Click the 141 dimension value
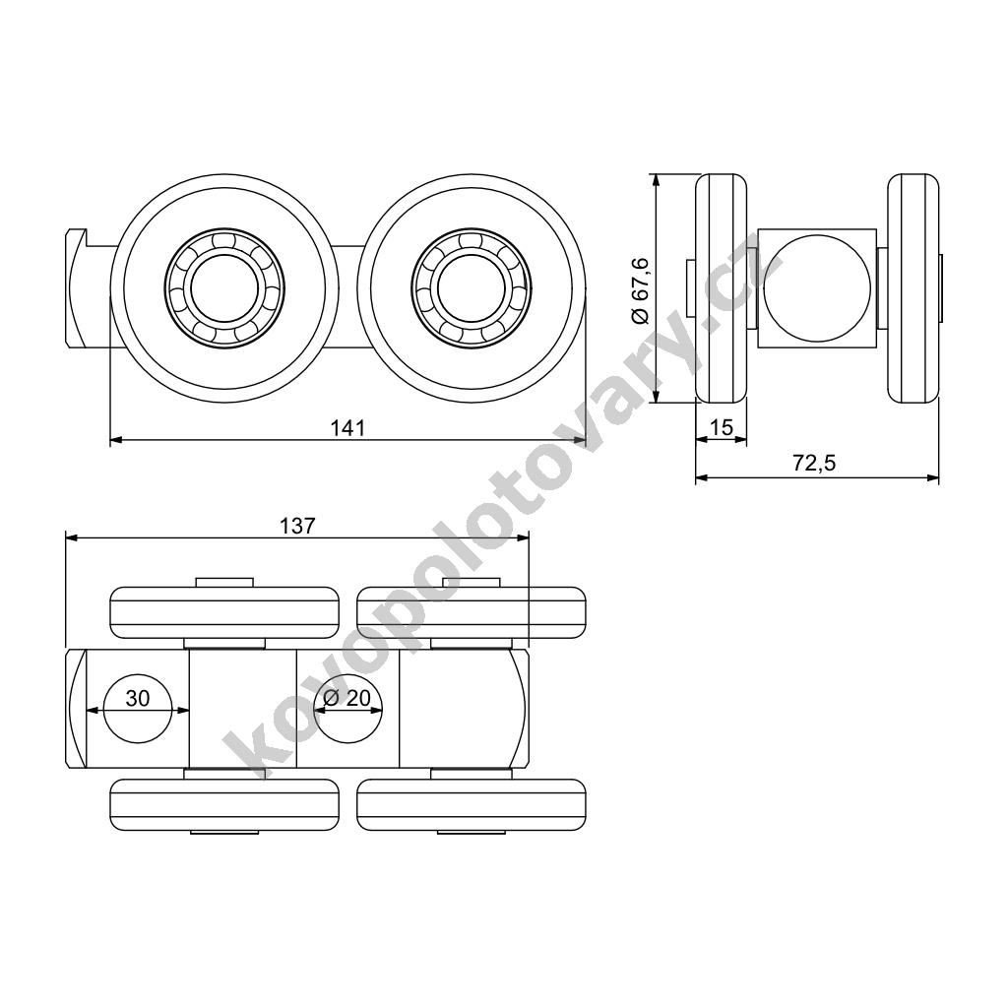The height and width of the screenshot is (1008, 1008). [347, 427]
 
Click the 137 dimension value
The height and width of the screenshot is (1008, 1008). [297, 526]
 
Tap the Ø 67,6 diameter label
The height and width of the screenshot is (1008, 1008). [641, 289]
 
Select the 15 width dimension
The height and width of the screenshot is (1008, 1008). [723, 427]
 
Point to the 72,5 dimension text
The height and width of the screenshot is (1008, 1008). [814, 463]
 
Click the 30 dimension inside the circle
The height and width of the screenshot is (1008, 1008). [138, 698]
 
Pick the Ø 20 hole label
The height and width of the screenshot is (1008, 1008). [347, 698]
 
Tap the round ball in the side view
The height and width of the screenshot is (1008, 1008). [817, 287]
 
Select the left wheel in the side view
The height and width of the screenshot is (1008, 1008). [722, 288]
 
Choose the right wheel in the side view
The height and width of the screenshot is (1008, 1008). [913, 288]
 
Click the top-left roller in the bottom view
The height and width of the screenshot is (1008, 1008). [225, 612]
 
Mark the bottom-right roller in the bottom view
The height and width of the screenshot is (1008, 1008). [472, 805]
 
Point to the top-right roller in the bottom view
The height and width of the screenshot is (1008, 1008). [472, 612]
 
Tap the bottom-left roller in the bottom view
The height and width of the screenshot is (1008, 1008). [225, 805]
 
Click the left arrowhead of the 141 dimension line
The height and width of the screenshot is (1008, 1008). [116, 440]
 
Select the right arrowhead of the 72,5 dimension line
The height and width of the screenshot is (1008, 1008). [933, 477]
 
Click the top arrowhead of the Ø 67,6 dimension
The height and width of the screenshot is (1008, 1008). [655, 180]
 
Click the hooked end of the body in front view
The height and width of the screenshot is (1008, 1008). [77, 288]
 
